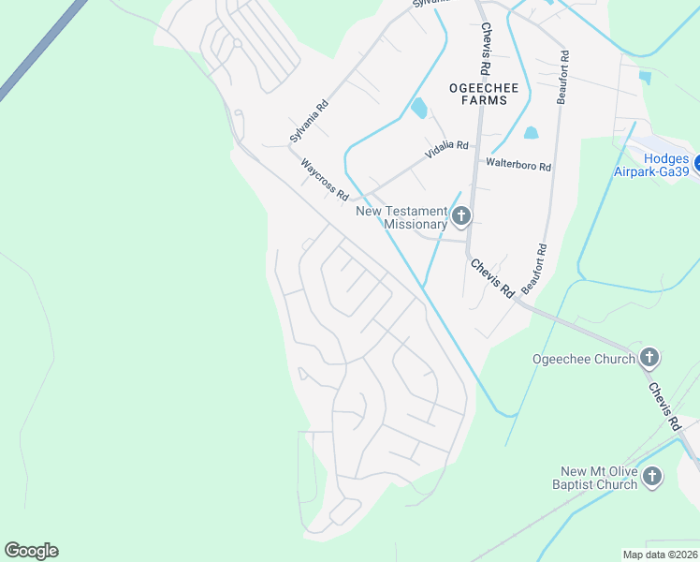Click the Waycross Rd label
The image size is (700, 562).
(325, 179)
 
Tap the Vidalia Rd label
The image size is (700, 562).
(446, 146)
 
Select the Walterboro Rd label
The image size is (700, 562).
(518, 165)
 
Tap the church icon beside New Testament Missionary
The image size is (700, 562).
(460, 217)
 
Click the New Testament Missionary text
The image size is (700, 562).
(401, 217)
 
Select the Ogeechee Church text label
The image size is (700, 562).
(584, 358)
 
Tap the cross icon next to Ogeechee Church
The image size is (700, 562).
(649, 357)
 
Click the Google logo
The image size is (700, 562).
(31, 551)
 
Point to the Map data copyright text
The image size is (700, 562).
(661, 555)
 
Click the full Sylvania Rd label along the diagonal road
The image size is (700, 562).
(310, 121)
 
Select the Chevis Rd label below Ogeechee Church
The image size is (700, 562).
(663, 407)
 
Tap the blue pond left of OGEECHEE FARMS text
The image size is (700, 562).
(418, 109)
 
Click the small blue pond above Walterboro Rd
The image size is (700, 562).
(532, 133)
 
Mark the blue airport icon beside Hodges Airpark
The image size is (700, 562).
(696, 159)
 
